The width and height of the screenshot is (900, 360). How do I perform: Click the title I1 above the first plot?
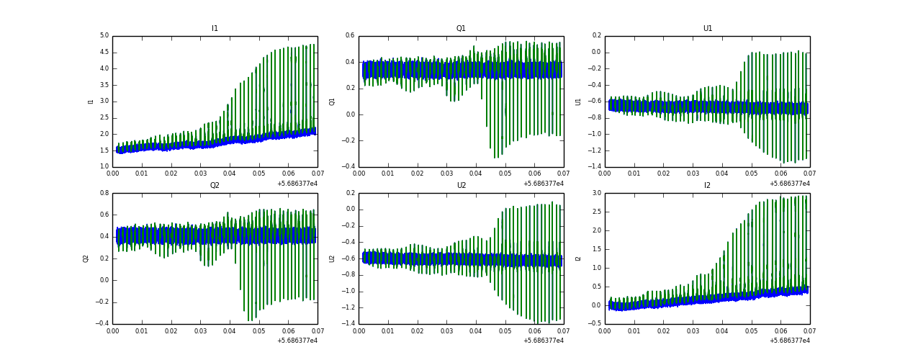215,29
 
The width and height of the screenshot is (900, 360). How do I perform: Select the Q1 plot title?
461,29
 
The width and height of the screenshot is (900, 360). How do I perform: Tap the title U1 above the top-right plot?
707,29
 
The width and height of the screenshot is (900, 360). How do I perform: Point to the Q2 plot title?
215,186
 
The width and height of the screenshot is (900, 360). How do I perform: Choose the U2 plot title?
461,186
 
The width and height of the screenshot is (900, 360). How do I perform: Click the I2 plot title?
707,186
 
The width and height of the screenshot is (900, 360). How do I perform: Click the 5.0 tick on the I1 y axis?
104,35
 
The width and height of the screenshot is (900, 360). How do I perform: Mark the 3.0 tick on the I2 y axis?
597,193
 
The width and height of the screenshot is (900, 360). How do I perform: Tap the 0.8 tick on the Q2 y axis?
104,193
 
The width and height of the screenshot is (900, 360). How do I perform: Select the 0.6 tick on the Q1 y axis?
351,35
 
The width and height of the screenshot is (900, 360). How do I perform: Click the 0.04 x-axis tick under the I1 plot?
230,174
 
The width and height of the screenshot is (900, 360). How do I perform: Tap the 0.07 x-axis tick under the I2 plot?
809,330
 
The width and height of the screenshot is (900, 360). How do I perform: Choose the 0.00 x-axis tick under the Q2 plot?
113,330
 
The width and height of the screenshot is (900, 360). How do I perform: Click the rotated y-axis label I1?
91,102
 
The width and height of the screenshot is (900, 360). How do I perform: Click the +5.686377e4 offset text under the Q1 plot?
544,184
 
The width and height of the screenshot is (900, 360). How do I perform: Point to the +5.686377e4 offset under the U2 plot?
544,341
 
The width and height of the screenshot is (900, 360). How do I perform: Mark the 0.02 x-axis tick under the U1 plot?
663,174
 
